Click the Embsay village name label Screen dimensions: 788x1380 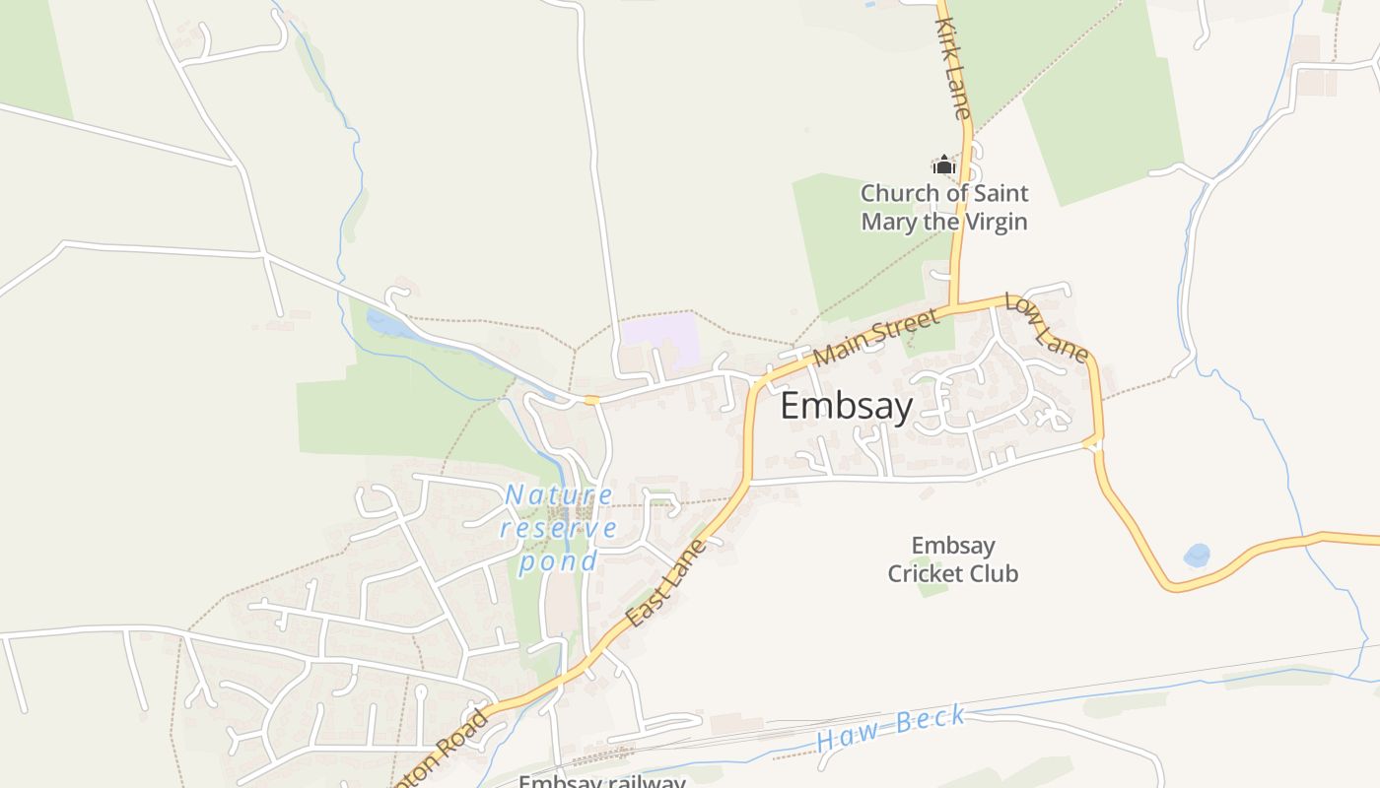pyautogui.click(x=847, y=406)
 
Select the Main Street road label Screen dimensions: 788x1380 pyautogui.click(x=876, y=337)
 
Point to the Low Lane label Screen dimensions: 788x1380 pyautogui.click(x=1046, y=326)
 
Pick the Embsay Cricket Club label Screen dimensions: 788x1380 pyautogui.click(x=952, y=559)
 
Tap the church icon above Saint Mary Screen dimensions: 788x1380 pyautogui.click(x=944, y=164)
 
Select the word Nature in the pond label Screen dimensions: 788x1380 pyautogui.click(x=559, y=494)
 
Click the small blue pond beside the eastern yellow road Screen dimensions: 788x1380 pyautogui.click(x=1197, y=556)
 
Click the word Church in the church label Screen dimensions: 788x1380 pyautogui.click(x=901, y=193)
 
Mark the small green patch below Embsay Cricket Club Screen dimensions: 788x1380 pyautogui.click(x=932, y=590)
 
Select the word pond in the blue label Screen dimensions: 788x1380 pyautogui.click(x=559, y=561)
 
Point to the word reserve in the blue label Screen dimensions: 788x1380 pyautogui.click(x=559, y=528)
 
